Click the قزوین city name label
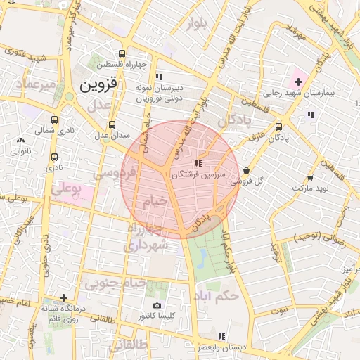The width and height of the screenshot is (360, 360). (x=101, y=86)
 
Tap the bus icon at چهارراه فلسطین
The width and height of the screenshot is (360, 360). (x=122, y=53)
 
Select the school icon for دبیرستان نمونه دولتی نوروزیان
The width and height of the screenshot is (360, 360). (x=160, y=77)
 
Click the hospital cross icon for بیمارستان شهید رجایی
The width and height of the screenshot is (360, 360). (x=298, y=82)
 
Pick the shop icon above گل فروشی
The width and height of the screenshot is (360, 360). (x=245, y=170)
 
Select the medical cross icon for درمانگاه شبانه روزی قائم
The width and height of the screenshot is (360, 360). (x=64, y=297)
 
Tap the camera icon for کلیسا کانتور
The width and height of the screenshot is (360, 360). (x=157, y=306)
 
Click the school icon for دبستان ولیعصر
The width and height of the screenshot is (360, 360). (x=221, y=336)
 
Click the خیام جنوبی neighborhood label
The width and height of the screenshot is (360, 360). (x=115, y=284)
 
